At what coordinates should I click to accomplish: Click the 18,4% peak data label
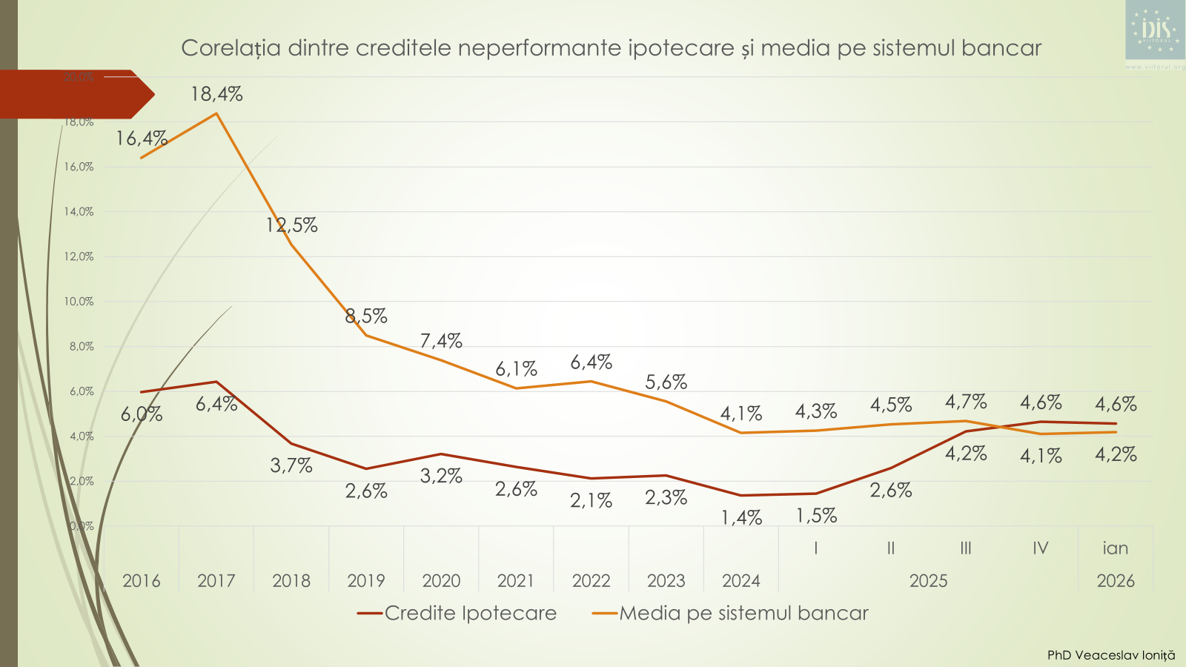click(x=216, y=94)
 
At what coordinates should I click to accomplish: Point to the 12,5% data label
click(x=291, y=225)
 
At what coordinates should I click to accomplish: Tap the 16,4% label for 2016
click(x=141, y=139)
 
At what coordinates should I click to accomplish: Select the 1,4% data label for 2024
click(x=741, y=517)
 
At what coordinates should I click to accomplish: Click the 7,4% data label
click(x=441, y=341)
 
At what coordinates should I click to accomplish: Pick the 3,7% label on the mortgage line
click(x=291, y=465)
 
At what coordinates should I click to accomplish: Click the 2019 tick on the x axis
click(x=366, y=581)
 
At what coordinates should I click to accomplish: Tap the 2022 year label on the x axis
click(x=591, y=581)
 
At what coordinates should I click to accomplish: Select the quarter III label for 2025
click(x=965, y=548)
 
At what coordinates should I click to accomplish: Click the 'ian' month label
click(x=1115, y=548)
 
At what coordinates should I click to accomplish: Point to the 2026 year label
click(x=1115, y=581)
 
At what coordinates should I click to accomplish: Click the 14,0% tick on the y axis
click(x=79, y=212)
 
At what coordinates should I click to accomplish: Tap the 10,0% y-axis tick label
click(x=79, y=302)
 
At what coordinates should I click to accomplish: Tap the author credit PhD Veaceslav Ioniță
click(x=1110, y=655)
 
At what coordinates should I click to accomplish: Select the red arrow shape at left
click(x=74, y=94)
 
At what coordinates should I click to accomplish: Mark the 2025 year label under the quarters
click(x=928, y=581)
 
